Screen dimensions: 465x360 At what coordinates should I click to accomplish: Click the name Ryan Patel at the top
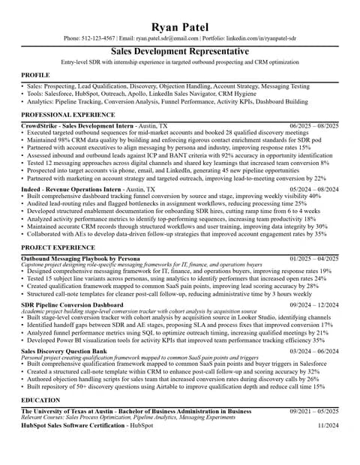[x=179, y=27]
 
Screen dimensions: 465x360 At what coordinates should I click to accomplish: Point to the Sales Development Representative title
[x=179, y=51]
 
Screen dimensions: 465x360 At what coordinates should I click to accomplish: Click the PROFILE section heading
[x=35, y=76]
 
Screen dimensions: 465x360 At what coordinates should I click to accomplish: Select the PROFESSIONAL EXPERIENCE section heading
[x=67, y=115]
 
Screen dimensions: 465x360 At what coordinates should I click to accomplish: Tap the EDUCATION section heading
[x=40, y=400]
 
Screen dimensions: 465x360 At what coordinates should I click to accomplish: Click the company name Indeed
[x=31, y=190]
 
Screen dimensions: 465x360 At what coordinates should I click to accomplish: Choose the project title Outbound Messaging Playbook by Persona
[x=80, y=258]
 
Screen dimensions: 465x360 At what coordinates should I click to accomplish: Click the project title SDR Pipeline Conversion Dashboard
[x=72, y=305]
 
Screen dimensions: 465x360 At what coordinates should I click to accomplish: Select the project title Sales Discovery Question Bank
[x=64, y=351]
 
